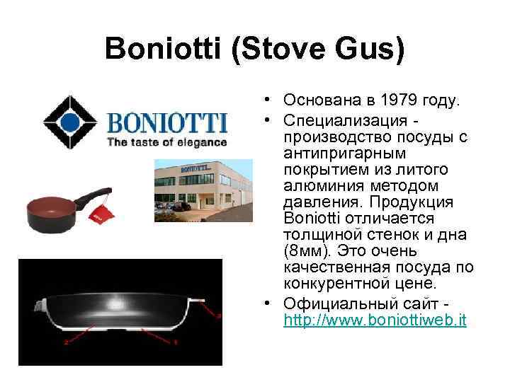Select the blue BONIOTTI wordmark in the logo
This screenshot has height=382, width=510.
click(167, 124)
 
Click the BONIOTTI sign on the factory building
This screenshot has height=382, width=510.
click(196, 168)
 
